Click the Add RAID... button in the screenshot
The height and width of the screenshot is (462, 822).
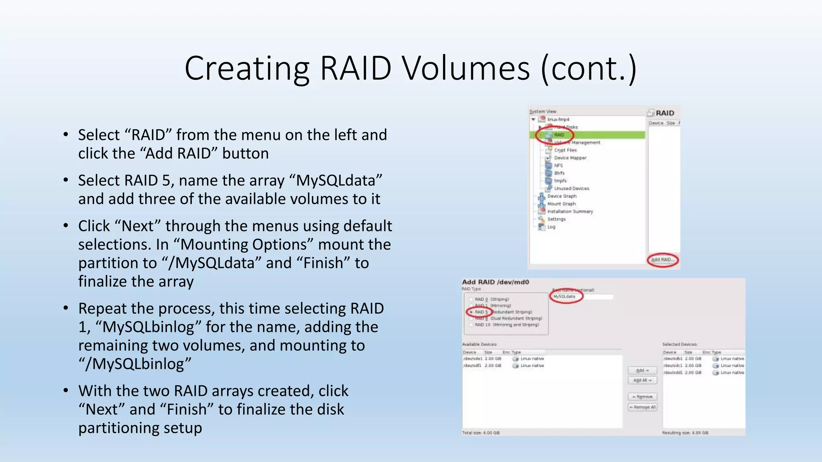point(662,259)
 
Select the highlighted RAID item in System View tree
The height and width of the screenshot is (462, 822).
point(559,135)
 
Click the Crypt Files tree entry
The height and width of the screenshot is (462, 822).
point(565,150)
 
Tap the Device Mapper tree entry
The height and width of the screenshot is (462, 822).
point(570,158)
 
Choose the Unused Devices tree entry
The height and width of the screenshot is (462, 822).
point(572,188)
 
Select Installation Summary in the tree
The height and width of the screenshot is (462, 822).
point(570,211)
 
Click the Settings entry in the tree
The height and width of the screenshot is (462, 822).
point(556,219)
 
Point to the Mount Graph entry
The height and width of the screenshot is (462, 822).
point(562,204)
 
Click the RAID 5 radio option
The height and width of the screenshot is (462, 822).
point(472,312)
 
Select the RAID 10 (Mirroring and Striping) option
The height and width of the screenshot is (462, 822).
point(507,324)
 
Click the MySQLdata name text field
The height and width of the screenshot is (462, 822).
point(582,297)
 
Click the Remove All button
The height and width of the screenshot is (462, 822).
point(642,407)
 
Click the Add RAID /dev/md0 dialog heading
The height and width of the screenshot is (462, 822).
point(495,282)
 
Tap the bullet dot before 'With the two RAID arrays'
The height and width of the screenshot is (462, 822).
point(65,390)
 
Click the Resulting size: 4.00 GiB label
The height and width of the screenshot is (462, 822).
point(685,433)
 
